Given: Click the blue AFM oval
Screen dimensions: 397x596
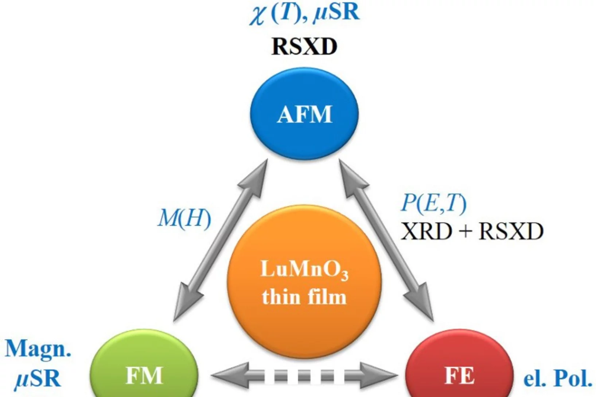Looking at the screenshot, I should (304, 114).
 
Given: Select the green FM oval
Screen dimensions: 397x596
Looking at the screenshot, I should (144, 372).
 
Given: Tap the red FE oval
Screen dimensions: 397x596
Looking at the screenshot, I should (459, 372).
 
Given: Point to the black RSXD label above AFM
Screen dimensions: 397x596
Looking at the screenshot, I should (304, 47).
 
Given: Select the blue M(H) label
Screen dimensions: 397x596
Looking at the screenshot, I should (184, 219).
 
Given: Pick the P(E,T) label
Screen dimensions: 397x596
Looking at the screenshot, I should (433, 203).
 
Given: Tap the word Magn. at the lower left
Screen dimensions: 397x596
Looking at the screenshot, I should (38, 349).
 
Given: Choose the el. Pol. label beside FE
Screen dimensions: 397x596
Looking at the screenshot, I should (557, 379).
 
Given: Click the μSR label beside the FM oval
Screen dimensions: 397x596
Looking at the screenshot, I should (38, 379).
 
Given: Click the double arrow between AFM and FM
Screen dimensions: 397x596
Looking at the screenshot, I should (220, 240).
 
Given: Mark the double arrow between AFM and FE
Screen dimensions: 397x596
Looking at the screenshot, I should (386, 240).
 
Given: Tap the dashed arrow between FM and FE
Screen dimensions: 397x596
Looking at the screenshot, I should (304, 375).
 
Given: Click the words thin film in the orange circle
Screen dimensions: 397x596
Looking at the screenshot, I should (304, 297).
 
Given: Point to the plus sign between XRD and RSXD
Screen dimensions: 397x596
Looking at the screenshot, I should (465, 232).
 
